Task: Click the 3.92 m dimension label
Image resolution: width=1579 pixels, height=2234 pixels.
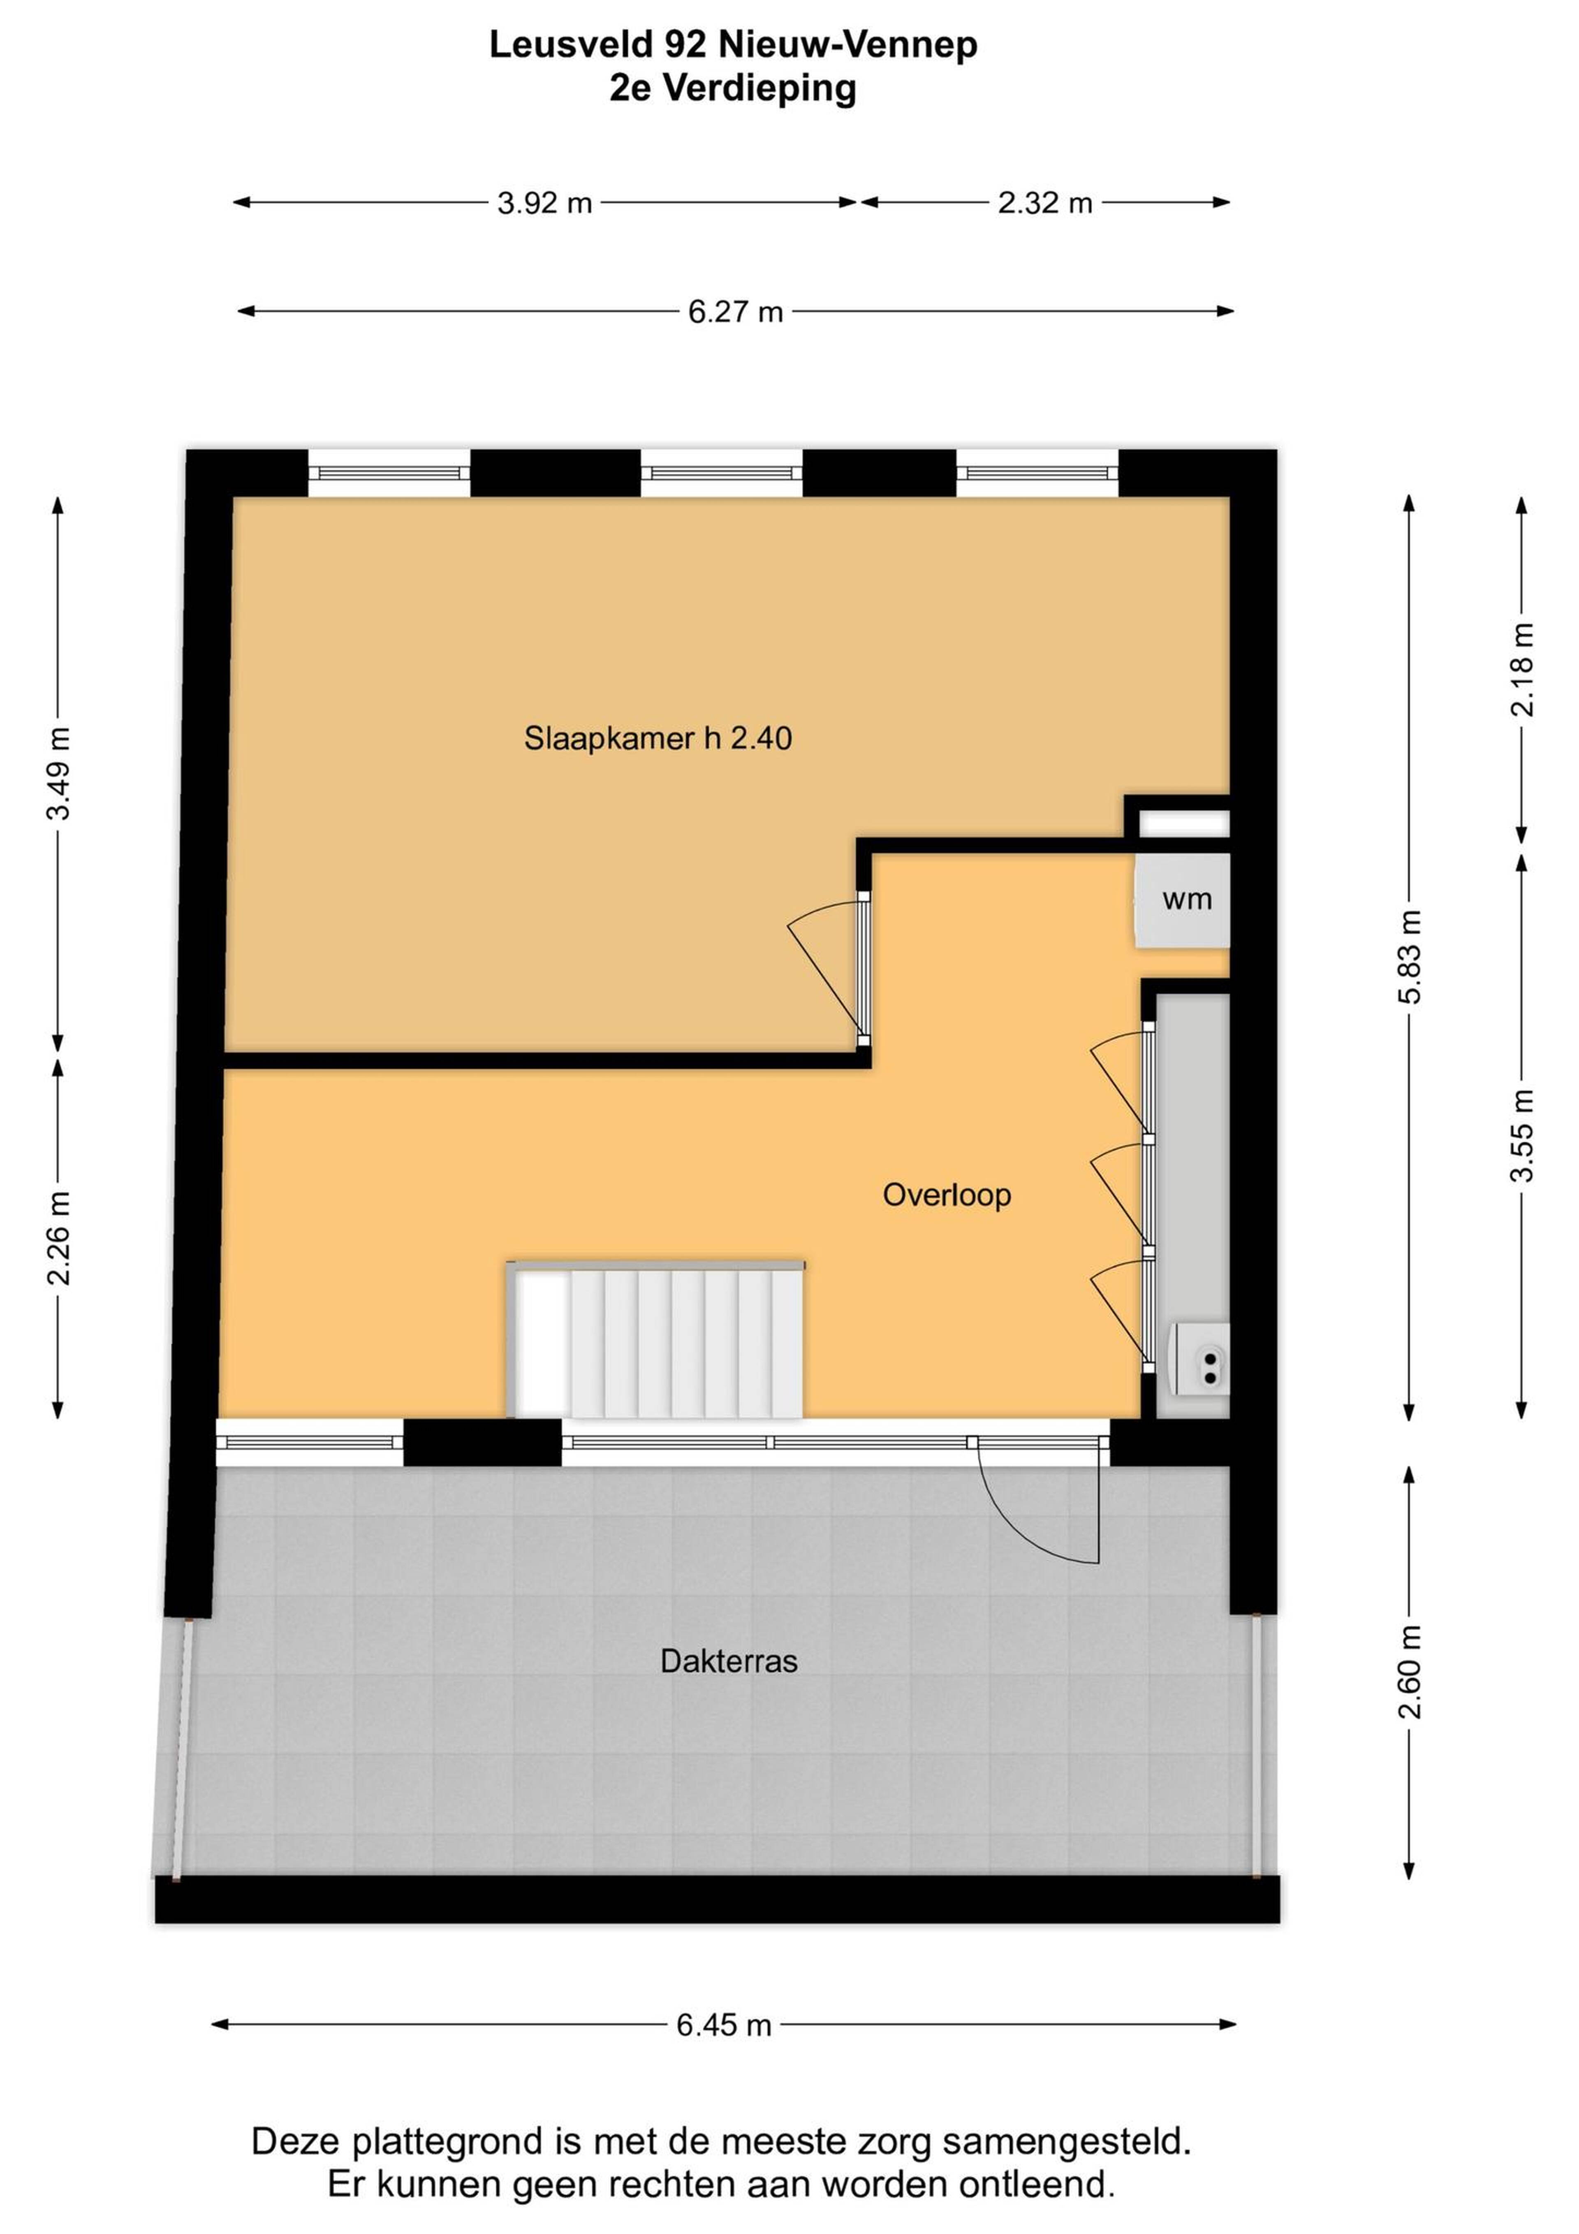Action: (x=545, y=203)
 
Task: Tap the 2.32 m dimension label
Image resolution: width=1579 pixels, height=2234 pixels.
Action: (x=1045, y=203)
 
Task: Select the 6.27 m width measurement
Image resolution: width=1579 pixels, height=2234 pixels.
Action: (x=736, y=312)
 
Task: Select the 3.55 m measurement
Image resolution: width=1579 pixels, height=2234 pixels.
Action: (x=1523, y=1135)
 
